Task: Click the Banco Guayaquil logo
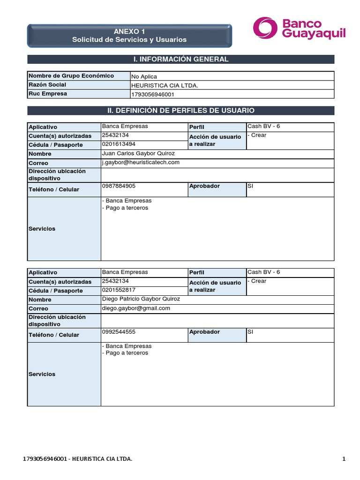299,29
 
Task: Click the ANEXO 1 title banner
129,36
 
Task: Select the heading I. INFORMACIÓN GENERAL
181,59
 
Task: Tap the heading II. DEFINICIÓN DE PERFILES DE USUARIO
181,111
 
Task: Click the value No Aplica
144,76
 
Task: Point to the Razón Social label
47,85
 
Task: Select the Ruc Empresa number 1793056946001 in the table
153,94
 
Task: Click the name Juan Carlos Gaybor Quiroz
138,153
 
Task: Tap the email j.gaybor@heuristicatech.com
141,162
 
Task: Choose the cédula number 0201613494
119,144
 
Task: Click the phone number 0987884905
119,186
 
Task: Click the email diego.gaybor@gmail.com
136,308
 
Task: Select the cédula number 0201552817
119,290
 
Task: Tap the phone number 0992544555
119,331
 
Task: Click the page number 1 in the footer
344,459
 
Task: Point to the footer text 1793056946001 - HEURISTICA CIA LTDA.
77,459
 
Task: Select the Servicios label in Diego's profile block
42,374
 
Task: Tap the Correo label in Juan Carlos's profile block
38,163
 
